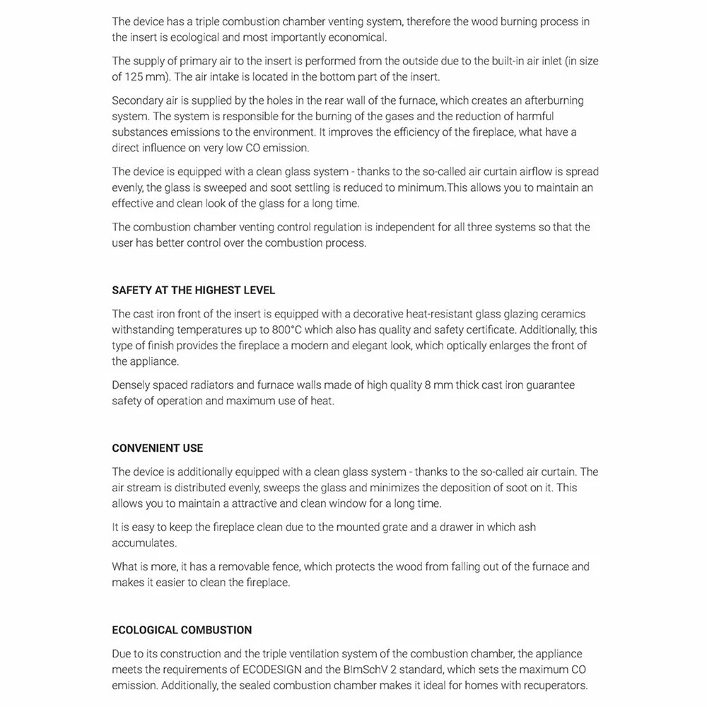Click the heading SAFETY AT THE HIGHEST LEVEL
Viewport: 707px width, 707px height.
193,291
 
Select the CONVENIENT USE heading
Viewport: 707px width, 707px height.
157,448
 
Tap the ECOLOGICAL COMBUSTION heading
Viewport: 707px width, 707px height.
182,630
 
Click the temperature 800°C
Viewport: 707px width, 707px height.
292,329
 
